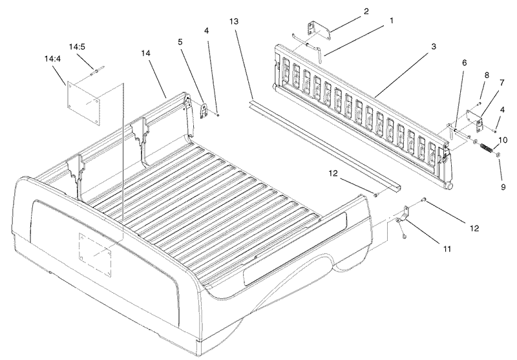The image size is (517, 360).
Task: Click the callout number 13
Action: pyautogui.click(x=234, y=22)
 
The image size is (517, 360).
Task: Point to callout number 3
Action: pyautogui.click(x=434, y=47)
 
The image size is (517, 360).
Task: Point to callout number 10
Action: pyautogui.click(x=501, y=140)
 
